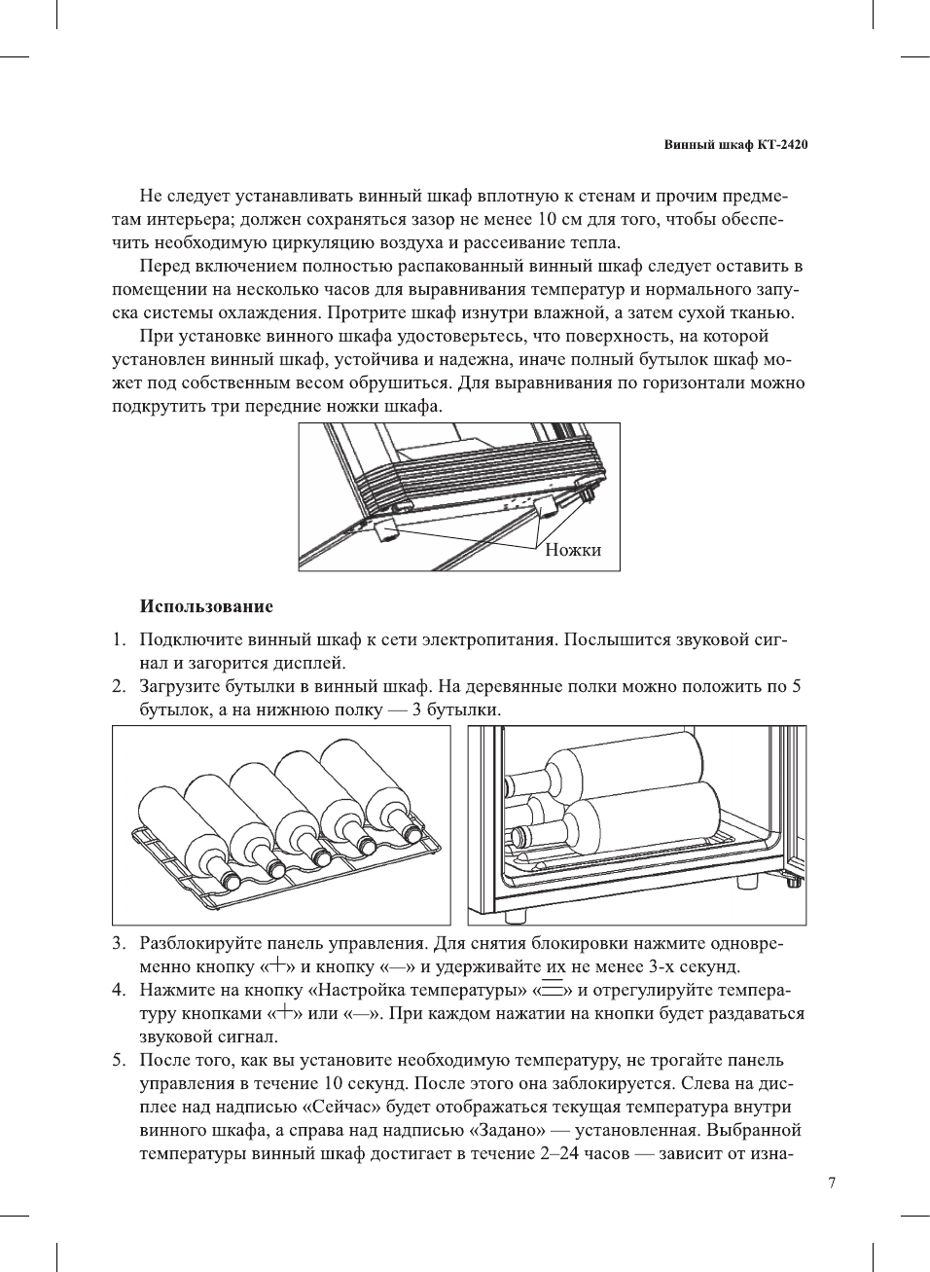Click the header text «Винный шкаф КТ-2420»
click(x=735, y=145)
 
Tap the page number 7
click(x=831, y=1183)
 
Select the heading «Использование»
click(x=206, y=606)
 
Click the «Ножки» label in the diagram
click(x=573, y=550)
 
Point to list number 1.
click(x=118, y=640)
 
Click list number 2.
click(x=118, y=687)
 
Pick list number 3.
click(x=118, y=943)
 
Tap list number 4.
click(x=118, y=990)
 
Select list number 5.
click(x=118, y=1060)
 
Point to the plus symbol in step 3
click(x=278, y=966)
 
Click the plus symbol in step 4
click(x=283, y=1013)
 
